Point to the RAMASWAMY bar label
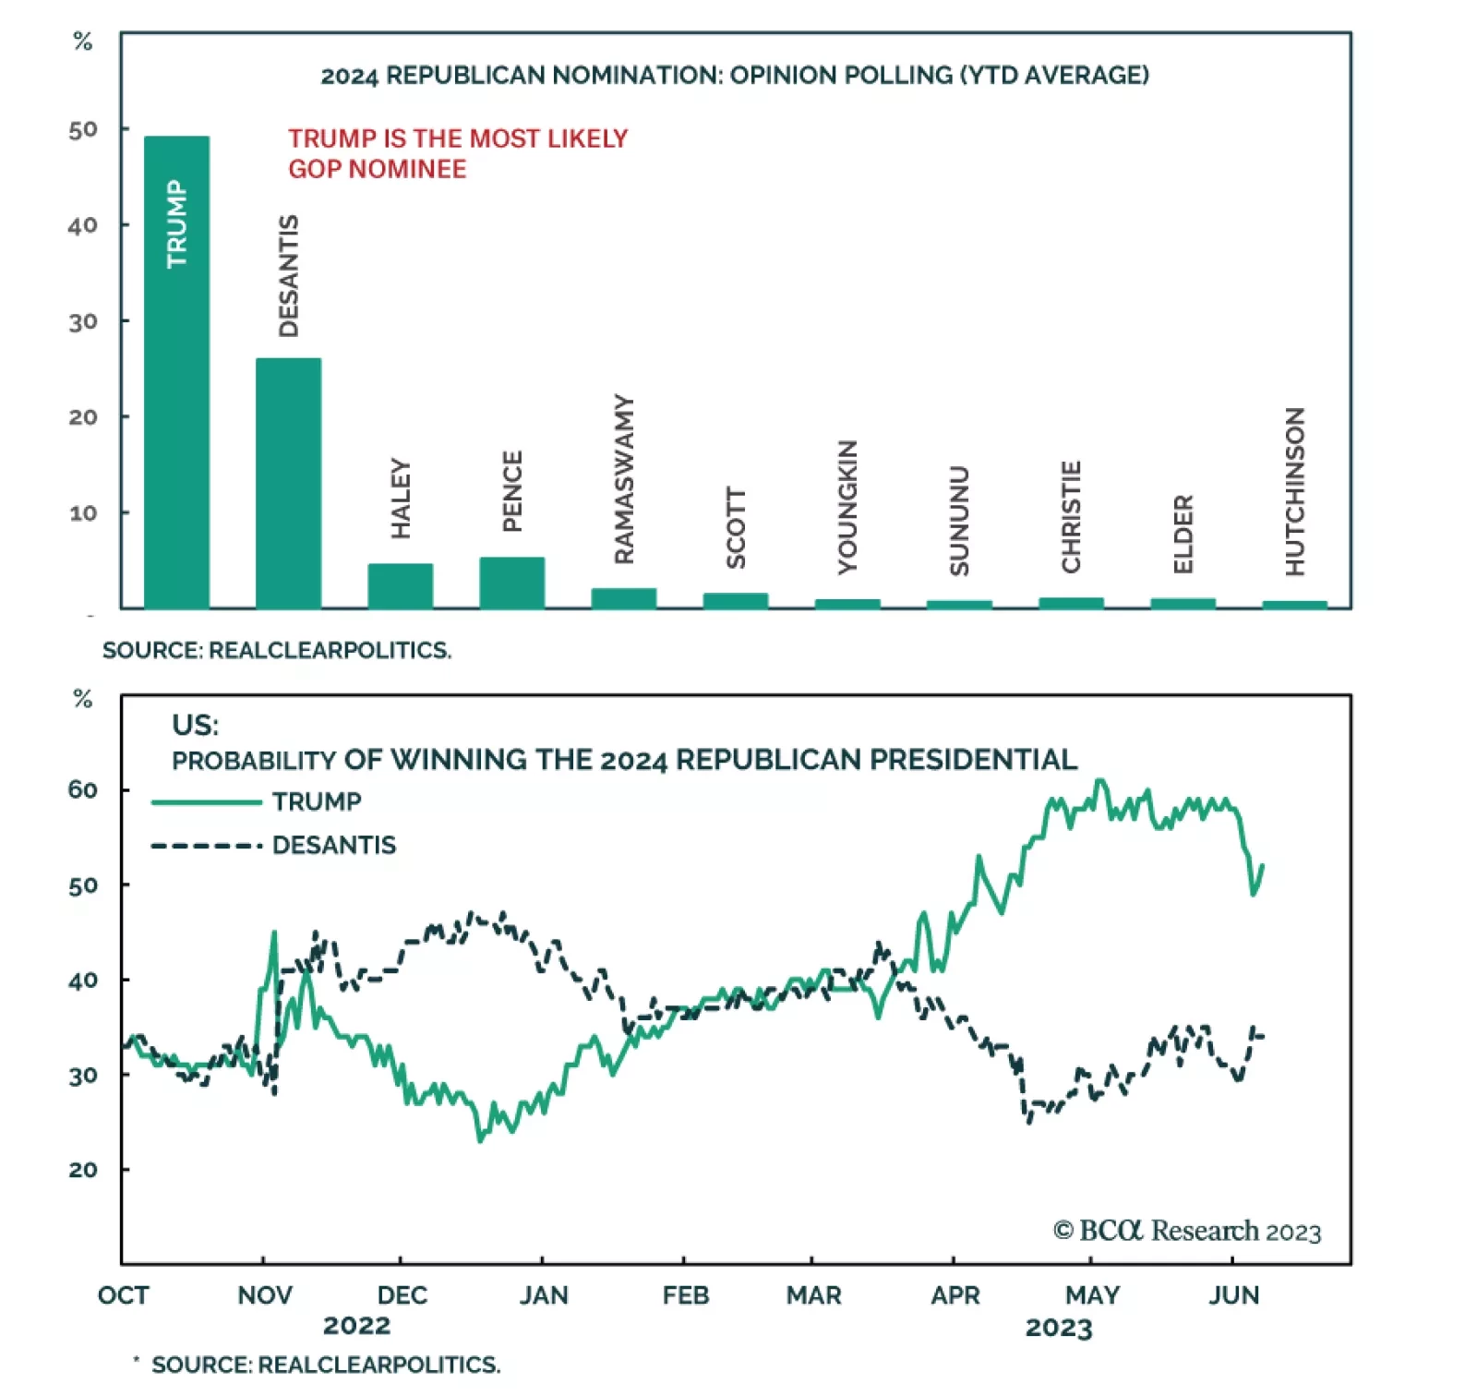(625, 479)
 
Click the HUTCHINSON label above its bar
(1295, 491)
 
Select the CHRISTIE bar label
(1071, 516)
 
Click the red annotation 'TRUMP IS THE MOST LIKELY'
(457, 138)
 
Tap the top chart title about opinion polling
(734, 75)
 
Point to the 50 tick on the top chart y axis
(83, 129)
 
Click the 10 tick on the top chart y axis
(83, 512)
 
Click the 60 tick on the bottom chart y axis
(83, 789)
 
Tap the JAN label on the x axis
(543, 1295)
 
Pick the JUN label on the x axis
(1234, 1295)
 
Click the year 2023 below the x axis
(1059, 1328)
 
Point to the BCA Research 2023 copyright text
(1187, 1231)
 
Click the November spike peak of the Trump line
(274, 933)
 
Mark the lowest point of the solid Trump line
(480, 1140)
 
